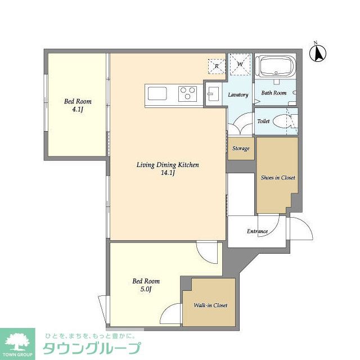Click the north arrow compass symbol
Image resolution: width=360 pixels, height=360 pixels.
(318, 53)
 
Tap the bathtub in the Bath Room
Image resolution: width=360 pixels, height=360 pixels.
(275, 66)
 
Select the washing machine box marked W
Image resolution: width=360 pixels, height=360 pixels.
(240, 64)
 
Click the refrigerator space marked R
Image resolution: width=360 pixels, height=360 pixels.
(217, 66)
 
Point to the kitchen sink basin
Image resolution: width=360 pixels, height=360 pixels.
(157, 93)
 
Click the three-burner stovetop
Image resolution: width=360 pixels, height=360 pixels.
(187, 93)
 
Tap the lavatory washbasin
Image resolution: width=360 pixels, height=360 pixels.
(213, 94)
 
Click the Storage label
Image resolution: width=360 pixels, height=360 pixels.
(241, 148)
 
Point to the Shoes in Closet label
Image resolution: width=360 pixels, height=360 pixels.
(278, 178)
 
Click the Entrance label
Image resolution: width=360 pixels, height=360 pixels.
(258, 231)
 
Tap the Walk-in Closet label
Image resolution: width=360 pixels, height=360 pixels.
(210, 305)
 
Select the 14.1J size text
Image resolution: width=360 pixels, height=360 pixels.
(168, 173)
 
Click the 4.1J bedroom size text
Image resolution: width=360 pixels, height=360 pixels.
(78, 110)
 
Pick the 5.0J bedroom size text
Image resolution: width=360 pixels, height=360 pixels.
(146, 289)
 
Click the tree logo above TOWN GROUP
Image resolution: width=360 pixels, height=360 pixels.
(17, 341)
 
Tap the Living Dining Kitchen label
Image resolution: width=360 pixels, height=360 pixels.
(168, 165)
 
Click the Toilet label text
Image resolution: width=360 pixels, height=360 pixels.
(263, 121)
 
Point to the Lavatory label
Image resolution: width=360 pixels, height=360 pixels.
(238, 95)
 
